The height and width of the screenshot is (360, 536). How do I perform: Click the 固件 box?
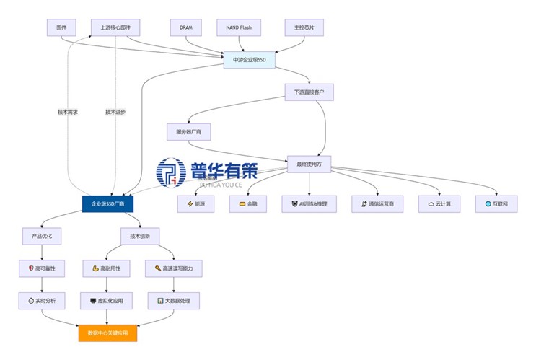pyautogui.click(x=61, y=28)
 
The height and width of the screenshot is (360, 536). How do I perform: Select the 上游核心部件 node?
pyautogui.click(x=115, y=28)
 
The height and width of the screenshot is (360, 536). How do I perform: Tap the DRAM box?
pyautogui.click(x=185, y=28)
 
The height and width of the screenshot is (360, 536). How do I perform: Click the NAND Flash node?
pyautogui.click(x=239, y=28)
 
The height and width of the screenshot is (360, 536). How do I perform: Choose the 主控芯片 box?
pyautogui.click(x=304, y=28)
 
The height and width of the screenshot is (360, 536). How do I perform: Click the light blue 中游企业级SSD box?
pyautogui.click(x=250, y=60)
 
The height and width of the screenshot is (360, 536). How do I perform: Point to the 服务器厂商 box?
pyautogui.click(x=188, y=132)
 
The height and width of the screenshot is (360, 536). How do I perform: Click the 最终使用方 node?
pyautogui.click(x=309, y=164)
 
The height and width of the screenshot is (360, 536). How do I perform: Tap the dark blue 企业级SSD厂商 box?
pyautogui.click(x=107, y=204)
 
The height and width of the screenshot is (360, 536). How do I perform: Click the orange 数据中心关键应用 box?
pyautogui.click(x=107, y=334)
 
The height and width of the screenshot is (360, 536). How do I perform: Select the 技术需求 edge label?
pyautogui.click(x=68, y=112)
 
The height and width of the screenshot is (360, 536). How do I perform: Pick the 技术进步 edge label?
pyautogui.click(x=115, y=112)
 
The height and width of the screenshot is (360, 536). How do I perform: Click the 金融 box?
pyautogui.click(x=247, y=204)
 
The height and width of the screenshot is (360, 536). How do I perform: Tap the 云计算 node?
pyautogui.click(x=439, y=204)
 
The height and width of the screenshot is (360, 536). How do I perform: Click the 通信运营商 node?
pyautogui.click(x=377, y=204)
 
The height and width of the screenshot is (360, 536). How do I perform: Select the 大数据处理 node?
pyautogui.click(x=173, y=300)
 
